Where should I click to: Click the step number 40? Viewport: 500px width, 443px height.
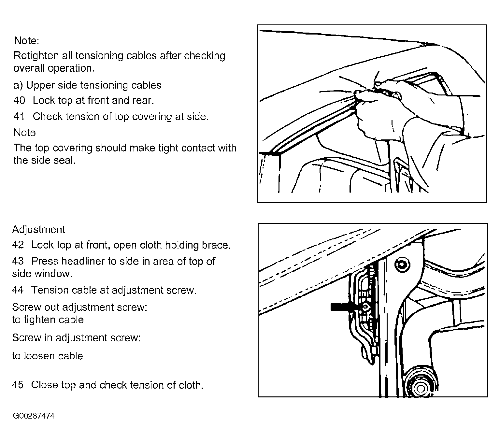[19, 100]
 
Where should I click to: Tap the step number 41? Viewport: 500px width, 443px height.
[19, 117]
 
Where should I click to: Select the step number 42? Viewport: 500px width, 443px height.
[18, 245]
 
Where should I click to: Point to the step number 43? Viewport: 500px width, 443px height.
[18, 261]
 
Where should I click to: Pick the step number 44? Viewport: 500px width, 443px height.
[18, 290]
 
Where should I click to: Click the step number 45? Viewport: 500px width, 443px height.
[18, 385]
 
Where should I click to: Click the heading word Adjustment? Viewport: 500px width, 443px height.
[38, 230]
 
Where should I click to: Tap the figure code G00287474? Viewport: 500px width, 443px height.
[34, 416]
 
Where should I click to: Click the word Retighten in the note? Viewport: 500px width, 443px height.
[36, 56]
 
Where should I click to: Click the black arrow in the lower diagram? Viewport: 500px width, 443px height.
[343, 307]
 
